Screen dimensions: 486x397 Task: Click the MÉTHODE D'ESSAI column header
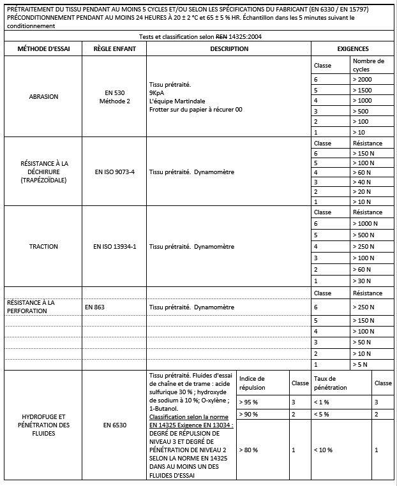click(43, 49)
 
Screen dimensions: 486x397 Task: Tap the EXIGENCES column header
click(352, 49)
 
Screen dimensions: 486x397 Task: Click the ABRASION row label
click(43, 97)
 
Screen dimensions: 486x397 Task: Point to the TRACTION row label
click(43, 246)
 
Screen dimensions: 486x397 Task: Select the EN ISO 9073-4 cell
click(114, 172)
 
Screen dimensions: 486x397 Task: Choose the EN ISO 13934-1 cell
click(114, 246)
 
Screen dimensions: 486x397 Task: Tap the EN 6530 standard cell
click(114, 424)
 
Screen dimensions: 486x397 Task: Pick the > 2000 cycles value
click(363, 79)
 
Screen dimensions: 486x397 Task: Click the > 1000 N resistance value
click(365, 224)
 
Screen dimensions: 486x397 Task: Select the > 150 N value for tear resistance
click(363, 154)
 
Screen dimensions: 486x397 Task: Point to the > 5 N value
click(361, 364)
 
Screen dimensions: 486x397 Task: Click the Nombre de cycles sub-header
click(368, 65)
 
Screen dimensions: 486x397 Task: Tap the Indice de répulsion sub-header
click(252, 383)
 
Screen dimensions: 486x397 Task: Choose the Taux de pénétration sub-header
click(331, 383)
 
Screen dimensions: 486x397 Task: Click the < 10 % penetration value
click(324, 450)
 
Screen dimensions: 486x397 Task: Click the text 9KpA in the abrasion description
click(157, 92)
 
